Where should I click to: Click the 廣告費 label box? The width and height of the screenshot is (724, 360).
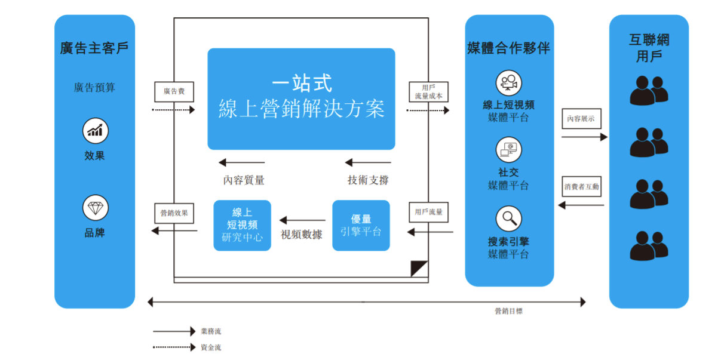(174, 92)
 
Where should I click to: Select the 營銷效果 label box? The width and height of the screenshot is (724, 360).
(174, 213)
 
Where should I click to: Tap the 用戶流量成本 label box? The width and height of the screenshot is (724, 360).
(428, 92)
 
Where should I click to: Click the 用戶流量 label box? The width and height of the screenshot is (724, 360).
(428, 212)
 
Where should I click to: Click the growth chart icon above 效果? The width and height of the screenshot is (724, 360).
(95, 131)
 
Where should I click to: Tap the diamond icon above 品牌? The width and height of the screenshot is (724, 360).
(95, 208)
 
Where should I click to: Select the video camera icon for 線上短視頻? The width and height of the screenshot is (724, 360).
(508, 83)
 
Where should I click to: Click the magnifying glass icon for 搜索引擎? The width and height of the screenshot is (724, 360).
(508, 219)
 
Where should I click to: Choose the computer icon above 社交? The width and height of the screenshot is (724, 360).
(508, 150)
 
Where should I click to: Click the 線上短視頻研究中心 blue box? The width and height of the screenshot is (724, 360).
(242, 225)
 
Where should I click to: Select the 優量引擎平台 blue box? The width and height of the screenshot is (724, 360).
(361, 225)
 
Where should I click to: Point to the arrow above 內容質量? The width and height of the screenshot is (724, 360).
(241, 162)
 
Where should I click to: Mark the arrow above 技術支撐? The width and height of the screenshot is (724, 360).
(368, 162)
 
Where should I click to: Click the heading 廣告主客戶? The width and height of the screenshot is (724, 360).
(94, 48)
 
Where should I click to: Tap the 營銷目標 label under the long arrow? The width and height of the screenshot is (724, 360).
(508, 311)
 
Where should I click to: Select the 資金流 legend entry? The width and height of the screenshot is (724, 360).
(210, 347)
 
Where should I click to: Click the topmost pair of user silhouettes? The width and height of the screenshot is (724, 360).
(649, 90)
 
